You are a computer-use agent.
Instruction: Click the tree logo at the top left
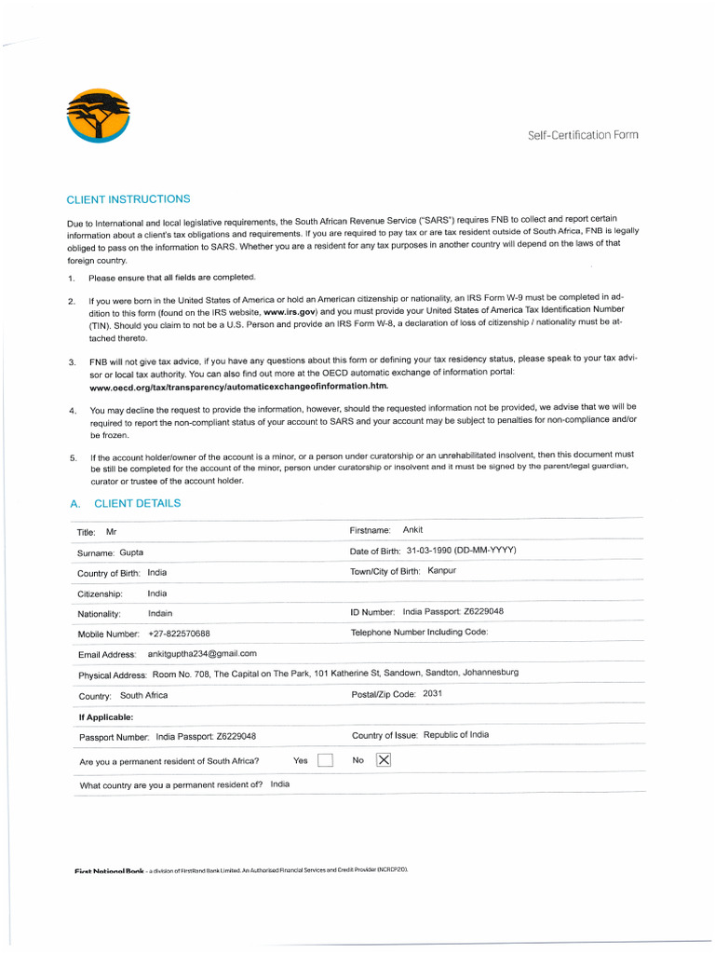(100, 116)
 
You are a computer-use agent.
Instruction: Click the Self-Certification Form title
(583, 135)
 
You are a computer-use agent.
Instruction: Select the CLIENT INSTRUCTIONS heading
(128, 199)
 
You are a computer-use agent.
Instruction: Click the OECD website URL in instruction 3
(238, 385)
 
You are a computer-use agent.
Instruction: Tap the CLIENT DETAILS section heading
(137, 504)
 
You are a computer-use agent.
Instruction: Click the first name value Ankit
(412, 530)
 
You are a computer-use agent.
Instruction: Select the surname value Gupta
(131, 552)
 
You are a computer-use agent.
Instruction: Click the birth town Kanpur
(441, 571)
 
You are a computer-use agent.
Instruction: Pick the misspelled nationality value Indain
(160, 614)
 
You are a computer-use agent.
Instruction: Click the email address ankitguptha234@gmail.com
(202, 654)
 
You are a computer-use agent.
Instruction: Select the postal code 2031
(432, 694)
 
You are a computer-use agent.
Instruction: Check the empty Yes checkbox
(325, 760)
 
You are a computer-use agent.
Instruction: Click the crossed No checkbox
(384, 760)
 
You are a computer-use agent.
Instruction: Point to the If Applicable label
(106, 717)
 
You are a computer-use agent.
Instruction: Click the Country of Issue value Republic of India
(455, 735)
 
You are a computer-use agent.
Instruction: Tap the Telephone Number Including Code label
(419, 633)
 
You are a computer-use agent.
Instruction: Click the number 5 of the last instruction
(73, 458)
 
